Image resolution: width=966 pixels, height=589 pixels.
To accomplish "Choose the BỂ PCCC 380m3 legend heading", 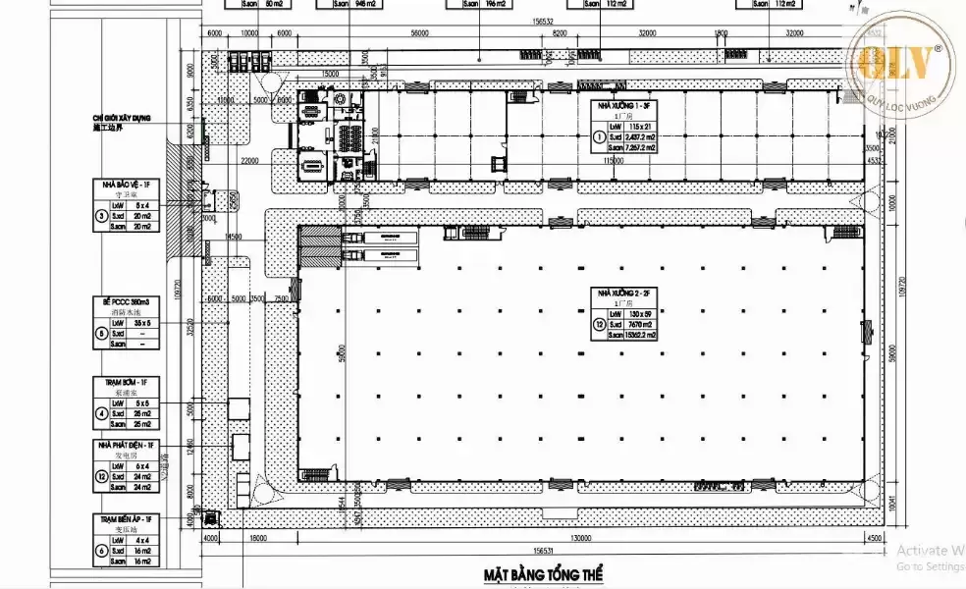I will click(x=125, y=300).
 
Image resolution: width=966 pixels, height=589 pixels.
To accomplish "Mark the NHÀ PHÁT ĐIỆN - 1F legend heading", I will click(x=125, y=445).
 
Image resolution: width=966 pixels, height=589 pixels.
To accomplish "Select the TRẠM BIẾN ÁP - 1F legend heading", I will click(x=125, y=517).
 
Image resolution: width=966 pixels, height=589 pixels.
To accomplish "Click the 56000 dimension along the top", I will click(x=420, y=32).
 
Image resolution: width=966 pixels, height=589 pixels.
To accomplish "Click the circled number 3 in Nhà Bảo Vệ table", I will click(x=99, y=216).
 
